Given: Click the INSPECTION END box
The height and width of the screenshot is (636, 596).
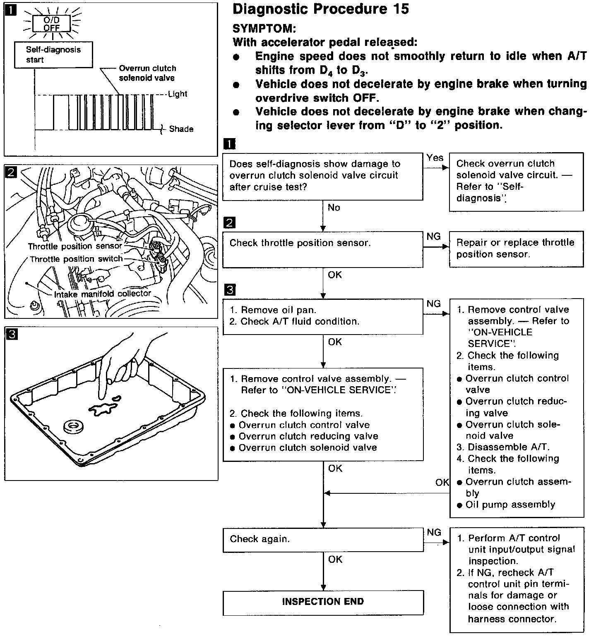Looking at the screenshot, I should [x=323, y=602].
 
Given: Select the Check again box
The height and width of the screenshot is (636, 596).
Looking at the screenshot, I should [x=323, y=539].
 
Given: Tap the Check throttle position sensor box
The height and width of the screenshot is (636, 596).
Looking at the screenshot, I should [x=323, y=249].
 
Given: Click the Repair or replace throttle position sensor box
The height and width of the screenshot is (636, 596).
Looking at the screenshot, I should [x=516, y=249].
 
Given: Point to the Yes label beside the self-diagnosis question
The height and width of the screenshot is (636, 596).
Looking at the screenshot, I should [x=435, y=158].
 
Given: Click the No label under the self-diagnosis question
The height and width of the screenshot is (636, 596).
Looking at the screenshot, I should [x=334, y=208].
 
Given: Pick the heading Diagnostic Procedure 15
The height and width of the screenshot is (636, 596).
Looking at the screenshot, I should [x=321, y=9].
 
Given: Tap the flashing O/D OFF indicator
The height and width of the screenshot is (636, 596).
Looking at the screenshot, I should [x=52, y=24].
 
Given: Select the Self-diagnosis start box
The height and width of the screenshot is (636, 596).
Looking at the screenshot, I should [x=53, y=55].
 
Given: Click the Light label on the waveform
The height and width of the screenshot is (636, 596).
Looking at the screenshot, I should [x=178, y=94].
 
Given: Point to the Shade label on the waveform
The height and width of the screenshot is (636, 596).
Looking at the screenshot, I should [x=181, y=129].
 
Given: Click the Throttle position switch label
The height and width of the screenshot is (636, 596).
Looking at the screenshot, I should [x=77, y=259].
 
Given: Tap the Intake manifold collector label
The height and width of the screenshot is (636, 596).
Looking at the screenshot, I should [x=103, y=294].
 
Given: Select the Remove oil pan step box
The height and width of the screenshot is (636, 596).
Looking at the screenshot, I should [x=323, y=316].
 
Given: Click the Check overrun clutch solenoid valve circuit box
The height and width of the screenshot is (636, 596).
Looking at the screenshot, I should [x=516, y=181].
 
